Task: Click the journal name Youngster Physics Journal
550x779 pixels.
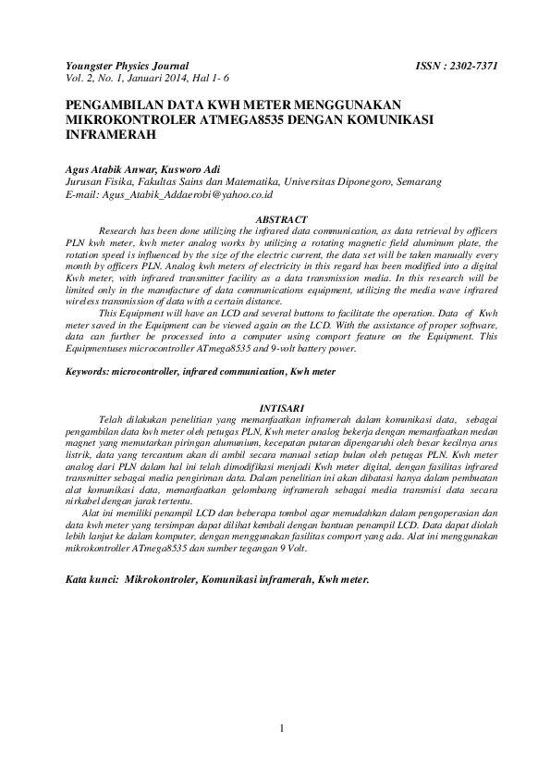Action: (x=127, y=67)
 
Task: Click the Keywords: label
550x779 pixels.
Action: (x=87, y=371)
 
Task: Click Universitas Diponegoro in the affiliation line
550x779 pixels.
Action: (x=336, y=182)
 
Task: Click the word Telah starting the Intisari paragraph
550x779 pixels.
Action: (x=115, y=418)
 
